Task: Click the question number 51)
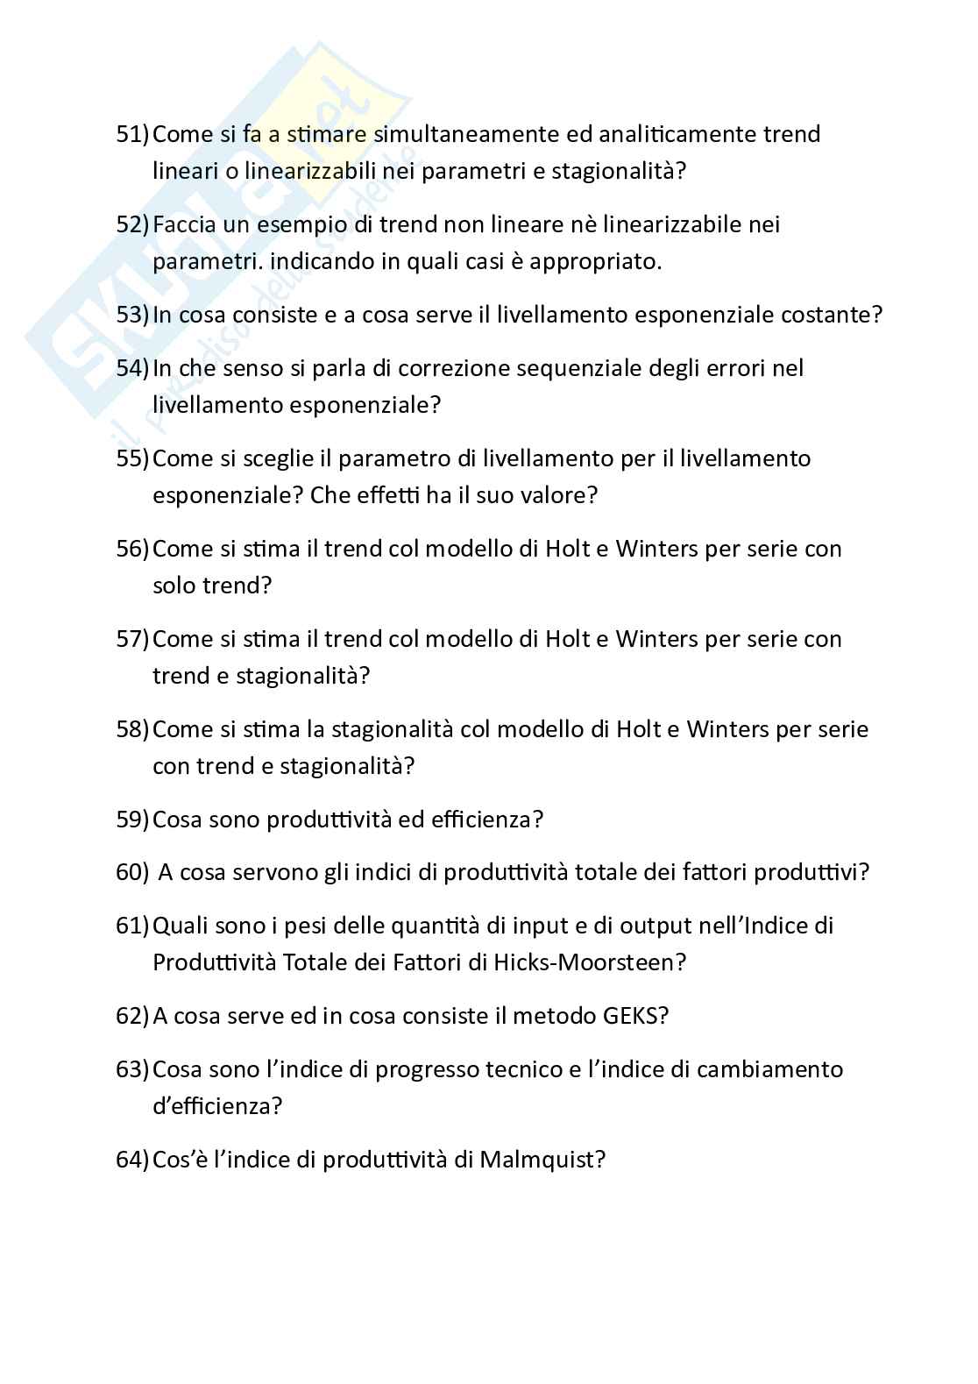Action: click(133, 134)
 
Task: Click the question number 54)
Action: click(133, 368)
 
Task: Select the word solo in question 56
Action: click(174, 586)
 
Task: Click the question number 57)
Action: click(133, 639)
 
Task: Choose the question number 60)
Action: click(133, 873)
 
